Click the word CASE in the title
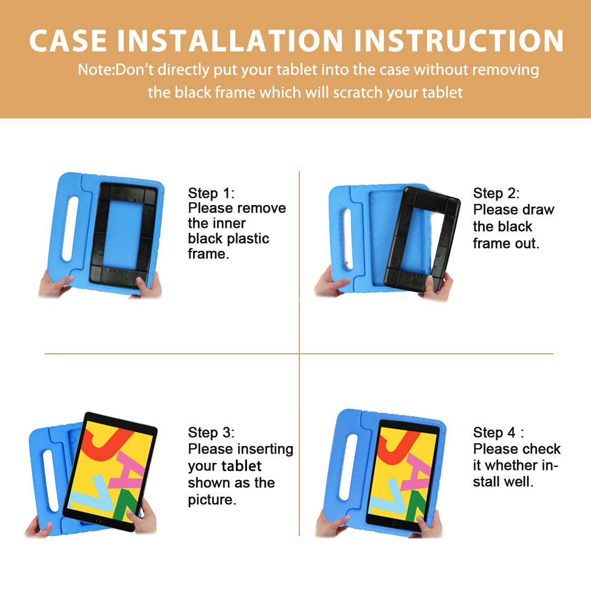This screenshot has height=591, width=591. coord(68,40)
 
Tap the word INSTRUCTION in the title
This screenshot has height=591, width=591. coord(459,40)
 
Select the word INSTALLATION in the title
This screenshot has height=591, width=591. coord(230,40)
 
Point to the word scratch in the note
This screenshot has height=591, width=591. coord(357,92)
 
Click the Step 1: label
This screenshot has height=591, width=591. coord(211,193)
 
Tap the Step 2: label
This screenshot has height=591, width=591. coord(496,193)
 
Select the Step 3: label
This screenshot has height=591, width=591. coord(211,432)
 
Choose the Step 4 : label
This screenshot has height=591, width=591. coord(498,432)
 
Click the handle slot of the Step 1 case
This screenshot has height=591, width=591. coord(70,229)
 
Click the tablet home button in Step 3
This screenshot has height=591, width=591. coord(98,521)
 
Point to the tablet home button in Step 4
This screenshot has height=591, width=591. coord(394,523)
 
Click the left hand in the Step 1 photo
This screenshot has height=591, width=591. coord(55,284)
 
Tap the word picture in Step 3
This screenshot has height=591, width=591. coord(212,500)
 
